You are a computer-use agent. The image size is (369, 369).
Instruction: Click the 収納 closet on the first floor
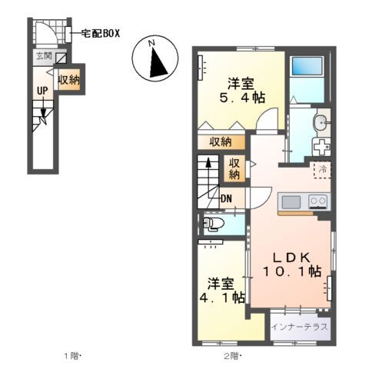tap(68, 80)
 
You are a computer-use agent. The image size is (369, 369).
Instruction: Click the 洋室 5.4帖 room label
tap(241, 90)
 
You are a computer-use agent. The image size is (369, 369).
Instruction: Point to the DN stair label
tap(226, 201)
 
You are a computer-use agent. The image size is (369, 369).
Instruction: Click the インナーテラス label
tap(301, 327)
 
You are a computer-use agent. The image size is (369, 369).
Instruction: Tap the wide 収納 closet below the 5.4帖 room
tap(221, 141)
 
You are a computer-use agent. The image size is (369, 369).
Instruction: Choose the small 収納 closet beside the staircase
tap(235, 168)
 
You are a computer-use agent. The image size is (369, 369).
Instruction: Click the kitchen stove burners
tap(317, 201)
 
